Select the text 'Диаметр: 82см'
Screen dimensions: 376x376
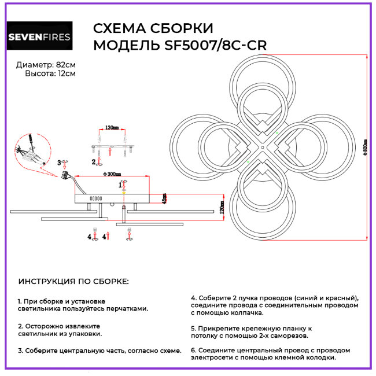(46, 64)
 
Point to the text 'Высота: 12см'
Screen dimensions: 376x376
(50, 73)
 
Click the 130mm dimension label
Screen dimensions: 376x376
(112, 128)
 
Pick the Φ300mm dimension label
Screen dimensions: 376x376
(110, 174)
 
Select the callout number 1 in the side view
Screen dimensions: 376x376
(120, 185)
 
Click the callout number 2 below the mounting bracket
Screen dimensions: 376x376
(93, 161)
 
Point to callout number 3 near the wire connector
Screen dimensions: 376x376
(59, 163)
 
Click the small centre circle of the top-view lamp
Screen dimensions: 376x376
(262, 148)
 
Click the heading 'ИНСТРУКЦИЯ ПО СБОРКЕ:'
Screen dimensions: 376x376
(74, 282)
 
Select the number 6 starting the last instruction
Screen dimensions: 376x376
(193, 350)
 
